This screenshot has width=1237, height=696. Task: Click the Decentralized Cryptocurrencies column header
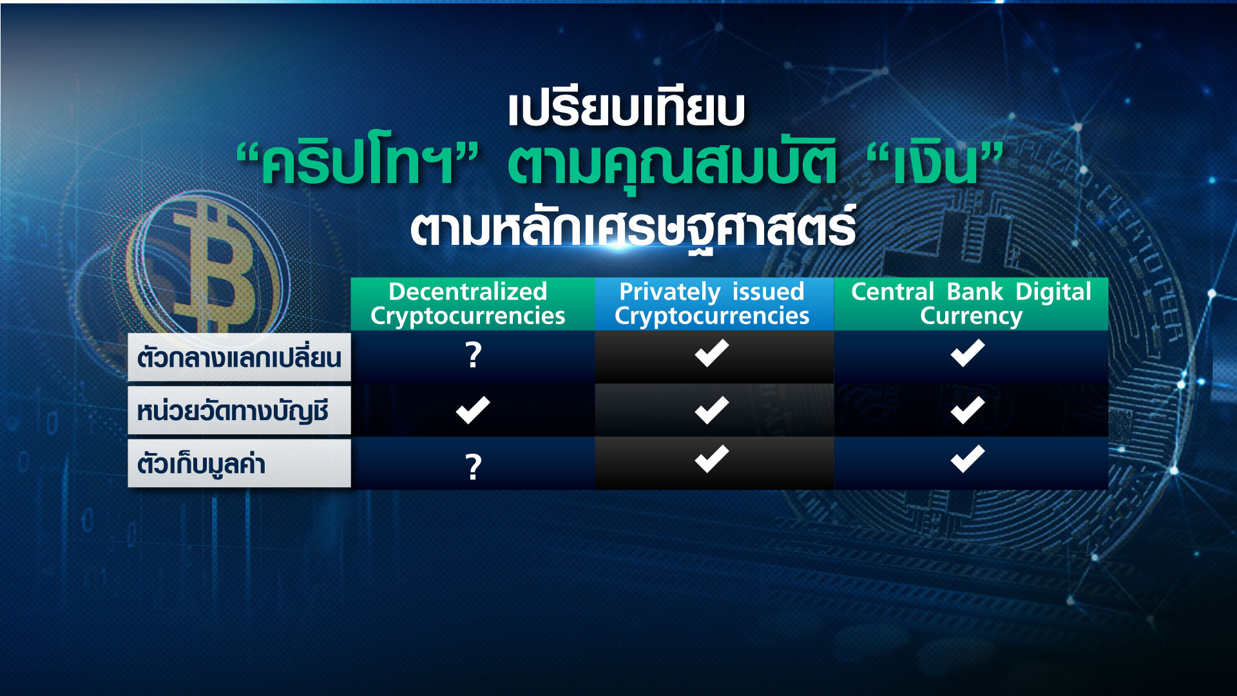[468, 304]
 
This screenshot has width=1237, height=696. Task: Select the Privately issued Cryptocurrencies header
[712, 304]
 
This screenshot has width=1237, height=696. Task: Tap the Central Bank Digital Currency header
[971, 304]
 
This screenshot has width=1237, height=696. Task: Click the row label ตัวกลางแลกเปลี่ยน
[239, 358]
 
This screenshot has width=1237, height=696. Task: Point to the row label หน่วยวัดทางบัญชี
[233, 411]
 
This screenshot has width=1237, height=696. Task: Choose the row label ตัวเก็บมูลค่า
[202, 464]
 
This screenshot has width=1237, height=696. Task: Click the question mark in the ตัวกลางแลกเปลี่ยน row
[474, 355]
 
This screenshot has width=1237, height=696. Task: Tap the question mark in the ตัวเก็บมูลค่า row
[474, 467]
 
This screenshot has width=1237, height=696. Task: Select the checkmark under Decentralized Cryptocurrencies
[473, 411]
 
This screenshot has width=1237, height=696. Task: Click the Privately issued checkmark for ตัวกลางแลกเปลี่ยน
[712, 353]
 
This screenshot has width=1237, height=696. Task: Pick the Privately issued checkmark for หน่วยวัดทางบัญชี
[712, 411]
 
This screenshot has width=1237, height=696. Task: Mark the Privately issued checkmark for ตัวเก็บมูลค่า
[712, 459]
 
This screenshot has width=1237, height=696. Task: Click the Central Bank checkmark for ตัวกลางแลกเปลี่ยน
[968, 353]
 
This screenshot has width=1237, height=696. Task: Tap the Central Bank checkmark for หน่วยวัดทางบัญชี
[968, 411]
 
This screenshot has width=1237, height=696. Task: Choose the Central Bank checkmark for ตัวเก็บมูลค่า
[968, 459]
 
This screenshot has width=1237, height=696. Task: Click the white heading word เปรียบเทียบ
[626, 110]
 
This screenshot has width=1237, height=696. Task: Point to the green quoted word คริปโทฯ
[358, 164]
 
